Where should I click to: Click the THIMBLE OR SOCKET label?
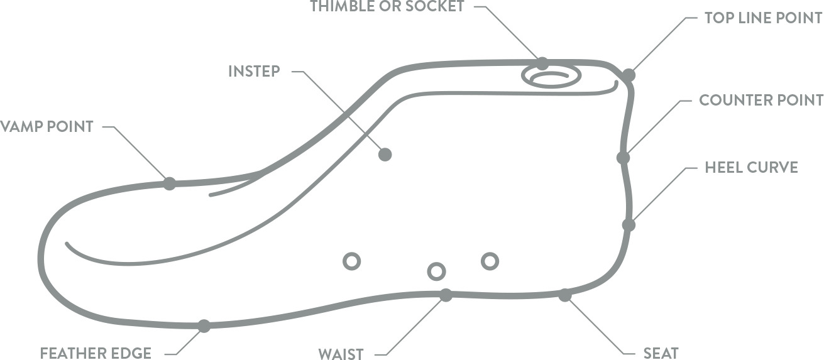point(387,7)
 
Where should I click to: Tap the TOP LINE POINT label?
point(763,18)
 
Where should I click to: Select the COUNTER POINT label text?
point(761,100)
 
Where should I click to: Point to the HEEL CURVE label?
point(751,168)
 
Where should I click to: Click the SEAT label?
point(661,352)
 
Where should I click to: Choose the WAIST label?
point(341,352)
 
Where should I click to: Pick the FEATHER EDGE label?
point(96,352)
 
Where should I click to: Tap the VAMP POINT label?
point(47,126)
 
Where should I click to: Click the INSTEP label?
point(254,70)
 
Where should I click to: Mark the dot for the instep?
point(385,154)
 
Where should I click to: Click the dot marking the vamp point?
point(169,183)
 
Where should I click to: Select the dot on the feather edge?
point(204,326)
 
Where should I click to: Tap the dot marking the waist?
point(446,295)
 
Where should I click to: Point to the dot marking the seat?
point(565,295)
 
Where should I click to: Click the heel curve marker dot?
point(629,224)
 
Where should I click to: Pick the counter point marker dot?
point(623,157)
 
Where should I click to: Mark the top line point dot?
point(629,75)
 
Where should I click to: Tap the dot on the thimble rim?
point(542,63)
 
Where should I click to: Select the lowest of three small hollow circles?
point(436,271)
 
